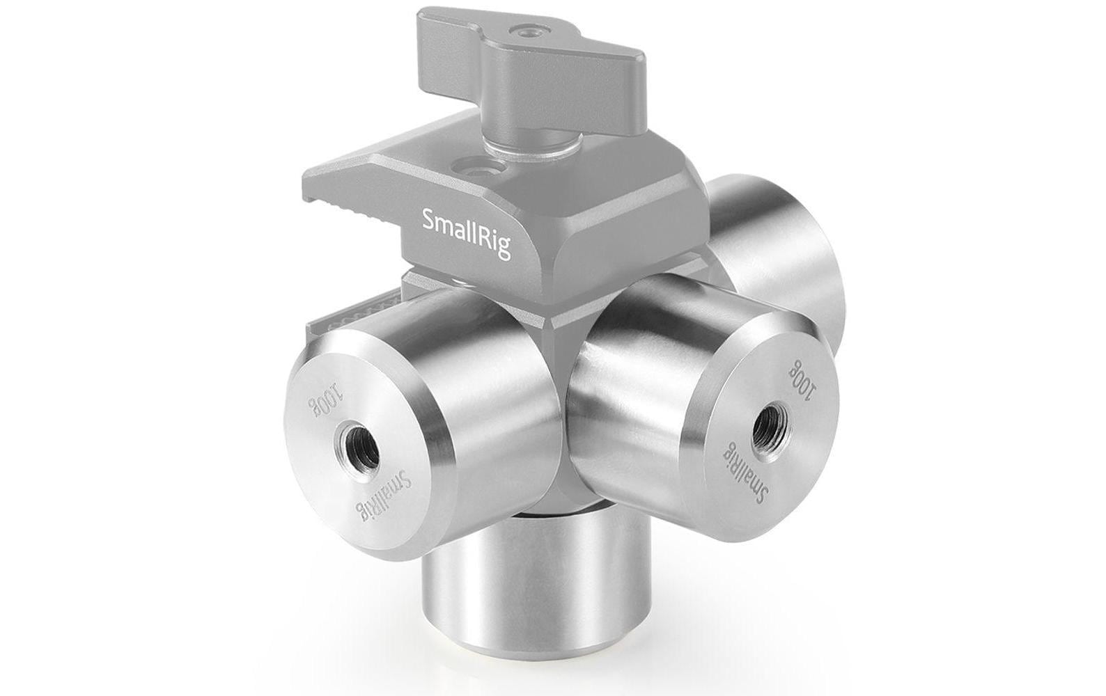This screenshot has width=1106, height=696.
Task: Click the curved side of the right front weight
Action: (627, 348)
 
